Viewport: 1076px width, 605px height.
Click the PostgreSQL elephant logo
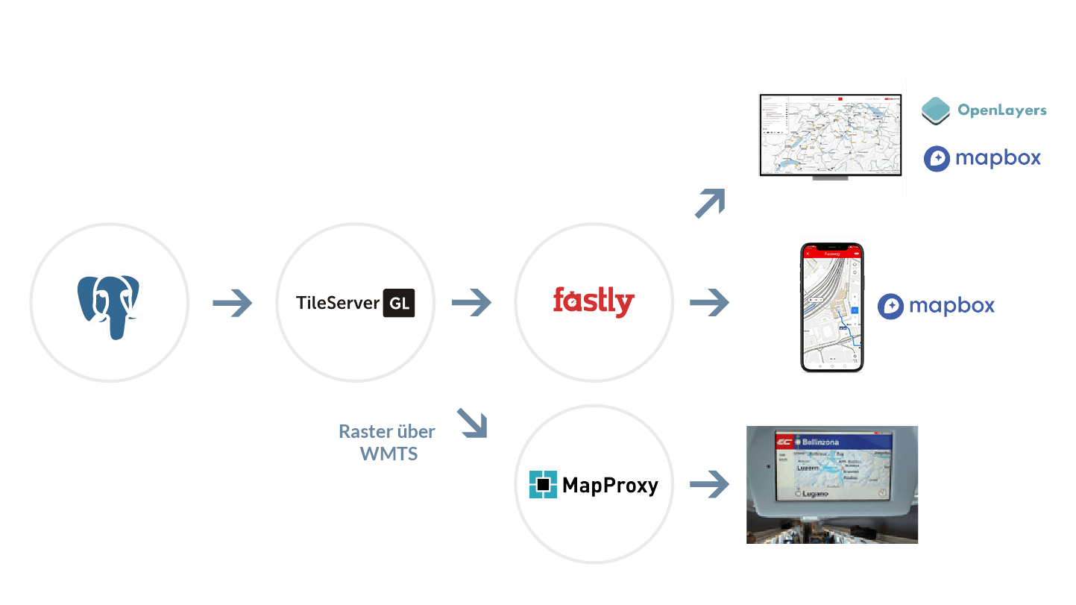109,303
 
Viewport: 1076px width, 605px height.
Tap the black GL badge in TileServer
399,304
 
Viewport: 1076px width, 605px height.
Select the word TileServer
337,304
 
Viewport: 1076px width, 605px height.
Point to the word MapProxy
610,486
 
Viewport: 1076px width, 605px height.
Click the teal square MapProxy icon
544,485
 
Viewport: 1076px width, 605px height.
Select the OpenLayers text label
1001,110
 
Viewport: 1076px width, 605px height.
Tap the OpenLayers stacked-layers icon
936,110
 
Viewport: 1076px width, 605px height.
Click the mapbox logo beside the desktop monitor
982,158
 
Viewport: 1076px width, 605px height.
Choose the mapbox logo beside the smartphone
936,306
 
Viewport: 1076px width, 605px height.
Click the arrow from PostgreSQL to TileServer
233,304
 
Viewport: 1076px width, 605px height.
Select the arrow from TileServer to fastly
471,303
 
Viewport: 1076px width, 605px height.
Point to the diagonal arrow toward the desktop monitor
709,204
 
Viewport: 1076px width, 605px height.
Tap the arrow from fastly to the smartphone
709,303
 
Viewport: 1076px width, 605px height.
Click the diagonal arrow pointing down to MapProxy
471,421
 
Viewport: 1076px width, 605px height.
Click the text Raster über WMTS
387,442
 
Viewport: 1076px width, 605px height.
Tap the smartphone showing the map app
831,306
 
